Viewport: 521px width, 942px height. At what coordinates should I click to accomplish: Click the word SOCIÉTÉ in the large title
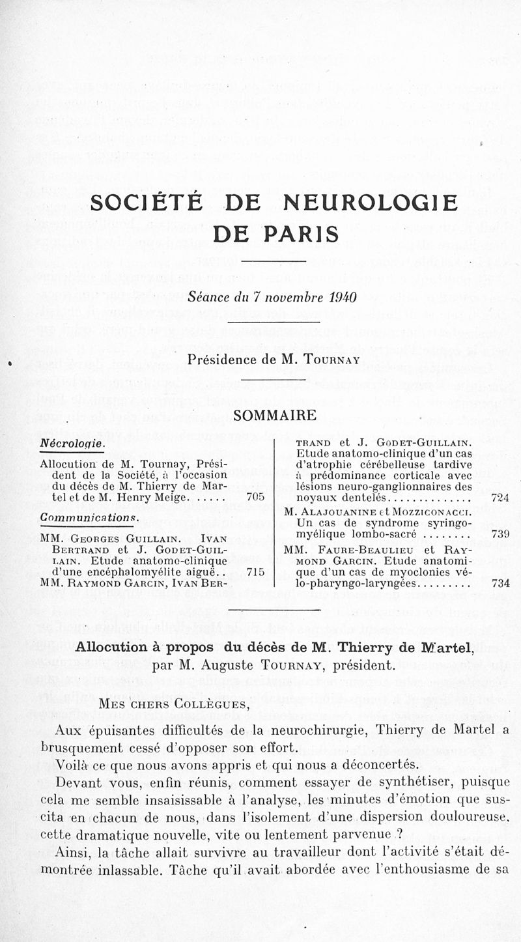point(148,204)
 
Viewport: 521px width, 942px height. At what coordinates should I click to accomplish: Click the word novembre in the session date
point(289,297)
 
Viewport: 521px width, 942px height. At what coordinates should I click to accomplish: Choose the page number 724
point(500,498)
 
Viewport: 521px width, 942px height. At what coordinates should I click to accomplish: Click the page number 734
point(500,583)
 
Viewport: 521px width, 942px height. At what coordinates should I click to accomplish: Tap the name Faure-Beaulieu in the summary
point(367,549)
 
